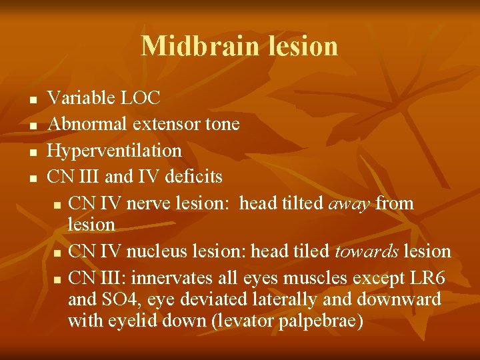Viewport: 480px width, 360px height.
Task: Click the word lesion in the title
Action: [305, 46]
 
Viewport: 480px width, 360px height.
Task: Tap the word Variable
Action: [81, 99]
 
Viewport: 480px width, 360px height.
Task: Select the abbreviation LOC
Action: [140, 99]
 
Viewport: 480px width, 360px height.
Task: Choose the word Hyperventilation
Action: [115, 151]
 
